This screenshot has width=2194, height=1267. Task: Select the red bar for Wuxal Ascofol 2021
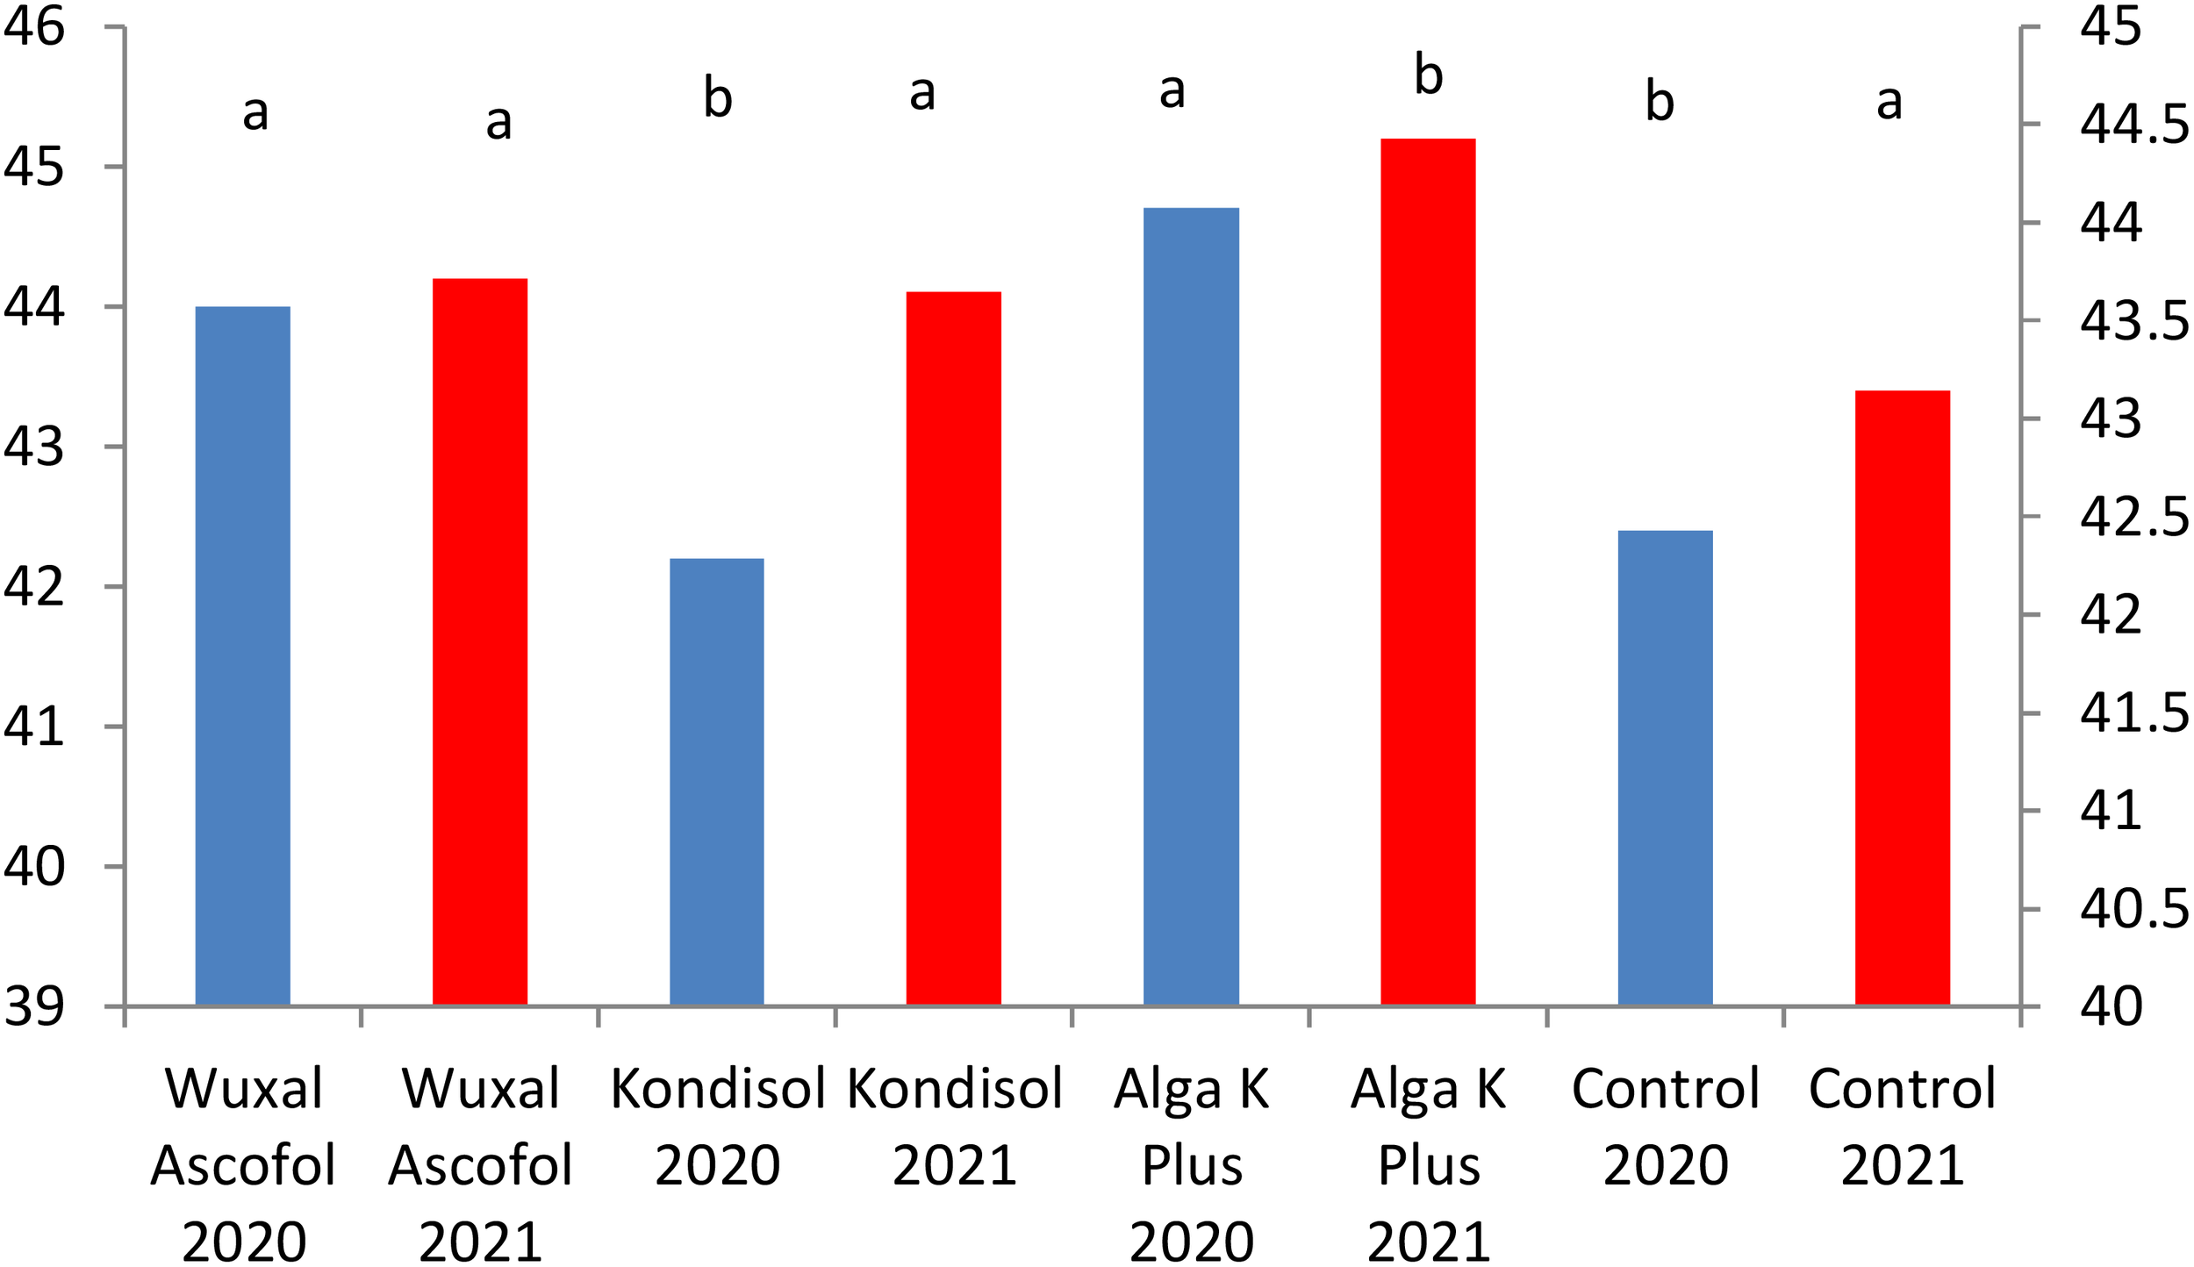tap(480, 641)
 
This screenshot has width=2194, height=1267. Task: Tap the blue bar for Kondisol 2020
tap(717, 781)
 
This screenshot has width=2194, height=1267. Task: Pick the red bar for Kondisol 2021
tap(954, 648)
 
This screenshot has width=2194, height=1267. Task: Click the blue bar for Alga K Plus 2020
tap(1191, 606)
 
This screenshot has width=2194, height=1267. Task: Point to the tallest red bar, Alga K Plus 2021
tap(1428, 571)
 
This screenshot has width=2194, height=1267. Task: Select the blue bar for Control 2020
tap(1665, 768)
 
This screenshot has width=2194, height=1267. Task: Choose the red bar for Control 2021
tap(1903, 698)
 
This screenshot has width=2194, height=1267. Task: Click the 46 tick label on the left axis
tap(35, 26)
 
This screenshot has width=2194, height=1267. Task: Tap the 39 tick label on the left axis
tap(35, 1006)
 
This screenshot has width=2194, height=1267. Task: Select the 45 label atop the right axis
tap(2111, 26)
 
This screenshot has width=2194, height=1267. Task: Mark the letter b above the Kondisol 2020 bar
tap(718, 97)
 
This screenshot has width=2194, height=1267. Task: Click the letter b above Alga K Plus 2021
tap(1429, 75)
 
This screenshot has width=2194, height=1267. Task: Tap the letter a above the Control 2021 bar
tap(1889, 103)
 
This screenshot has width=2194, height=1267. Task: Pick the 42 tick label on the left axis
tap(35, 586)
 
